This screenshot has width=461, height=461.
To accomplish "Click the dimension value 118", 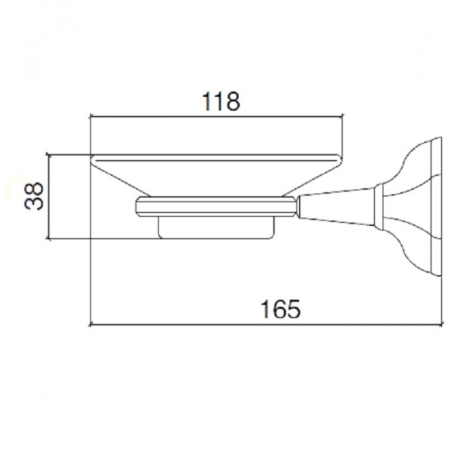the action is (x=221, y=101).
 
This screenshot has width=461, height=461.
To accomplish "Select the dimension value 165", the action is (x=280, y=309).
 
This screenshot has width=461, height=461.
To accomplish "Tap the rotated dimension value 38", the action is (x=34, y=196).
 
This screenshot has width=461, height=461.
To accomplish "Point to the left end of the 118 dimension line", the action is (x=89, y=117).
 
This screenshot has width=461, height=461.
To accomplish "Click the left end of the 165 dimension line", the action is (x=89, y=324).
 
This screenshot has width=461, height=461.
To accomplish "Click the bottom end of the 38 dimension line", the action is (x=49, y=239).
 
